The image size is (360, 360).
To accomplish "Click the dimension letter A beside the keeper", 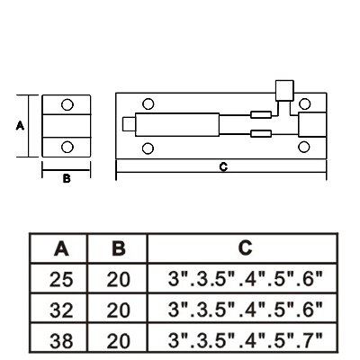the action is click(20, 125).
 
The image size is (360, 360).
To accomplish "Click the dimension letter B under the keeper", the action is click(67, 178).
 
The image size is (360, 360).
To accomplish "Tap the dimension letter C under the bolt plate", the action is click(223, 166).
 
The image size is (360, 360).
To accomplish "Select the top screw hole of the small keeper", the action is click(67, 104).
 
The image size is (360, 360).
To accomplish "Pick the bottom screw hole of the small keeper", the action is click(67, 147).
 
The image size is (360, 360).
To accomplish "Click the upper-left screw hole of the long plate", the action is click(148, 103).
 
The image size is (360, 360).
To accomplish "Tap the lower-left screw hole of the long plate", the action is click(148, 148).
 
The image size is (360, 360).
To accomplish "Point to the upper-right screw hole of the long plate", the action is click(305, 103).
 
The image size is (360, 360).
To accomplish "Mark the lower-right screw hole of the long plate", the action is click(304, 148).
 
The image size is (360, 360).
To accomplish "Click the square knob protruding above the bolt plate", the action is click(284, 90).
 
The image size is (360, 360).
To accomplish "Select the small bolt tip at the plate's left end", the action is click(129, 124).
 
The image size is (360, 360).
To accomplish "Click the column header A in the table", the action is click(61, 248).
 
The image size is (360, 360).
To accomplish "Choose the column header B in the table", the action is click(119, 248).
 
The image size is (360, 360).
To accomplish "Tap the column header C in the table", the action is click(245, 247).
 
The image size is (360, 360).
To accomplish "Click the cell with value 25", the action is click(61, 279).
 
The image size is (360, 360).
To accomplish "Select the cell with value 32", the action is click(61, 310).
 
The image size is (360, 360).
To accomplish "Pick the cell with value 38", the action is click(61, 340).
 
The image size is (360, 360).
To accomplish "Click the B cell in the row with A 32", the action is click(119, 310).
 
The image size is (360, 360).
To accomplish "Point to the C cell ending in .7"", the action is click(245, 339).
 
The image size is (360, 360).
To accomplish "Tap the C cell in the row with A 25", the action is click(245, 278).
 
